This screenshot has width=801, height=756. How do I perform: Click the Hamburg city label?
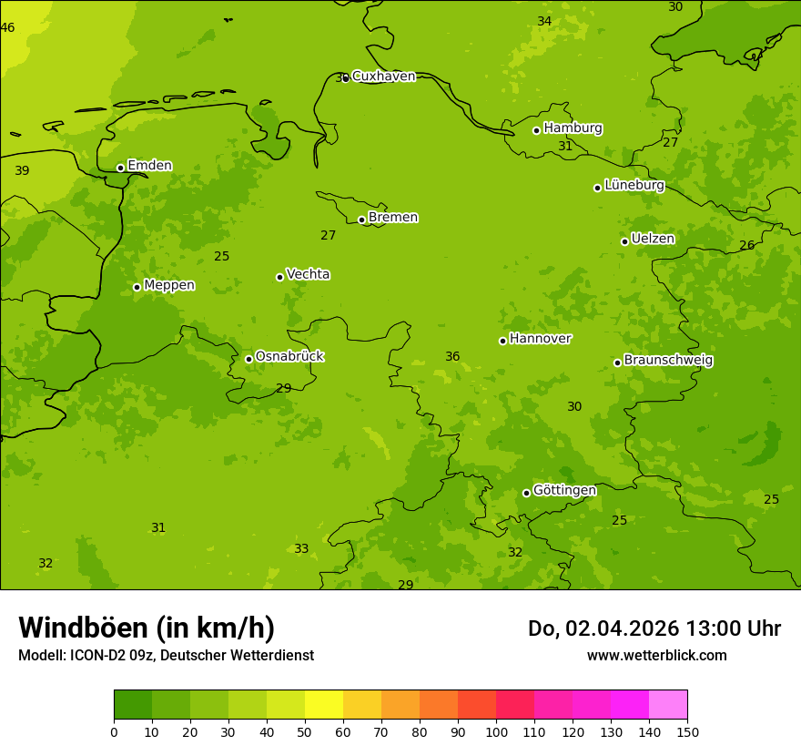573,128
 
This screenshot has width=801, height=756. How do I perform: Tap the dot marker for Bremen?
361,220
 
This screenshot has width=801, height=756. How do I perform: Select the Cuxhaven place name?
383,77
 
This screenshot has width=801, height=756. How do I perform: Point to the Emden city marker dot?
120,168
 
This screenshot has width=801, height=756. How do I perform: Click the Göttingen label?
564,491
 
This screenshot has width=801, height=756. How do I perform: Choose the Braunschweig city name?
668,361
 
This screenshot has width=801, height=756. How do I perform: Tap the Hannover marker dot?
502,341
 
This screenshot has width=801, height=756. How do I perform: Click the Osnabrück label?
289,357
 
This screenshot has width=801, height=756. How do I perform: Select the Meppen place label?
169,286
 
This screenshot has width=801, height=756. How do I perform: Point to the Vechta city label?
308,275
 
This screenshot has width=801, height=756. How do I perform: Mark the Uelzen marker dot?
624,241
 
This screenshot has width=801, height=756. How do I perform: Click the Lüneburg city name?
634,186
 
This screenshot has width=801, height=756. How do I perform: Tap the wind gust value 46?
7,28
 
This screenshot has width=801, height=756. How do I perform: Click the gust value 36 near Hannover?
452,357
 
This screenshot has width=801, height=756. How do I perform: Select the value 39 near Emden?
22,171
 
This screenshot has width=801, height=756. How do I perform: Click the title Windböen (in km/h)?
147,628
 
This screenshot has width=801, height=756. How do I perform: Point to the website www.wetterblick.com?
656,656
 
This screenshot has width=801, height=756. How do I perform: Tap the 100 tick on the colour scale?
496,731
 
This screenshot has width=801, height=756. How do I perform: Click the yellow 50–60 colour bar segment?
324,705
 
